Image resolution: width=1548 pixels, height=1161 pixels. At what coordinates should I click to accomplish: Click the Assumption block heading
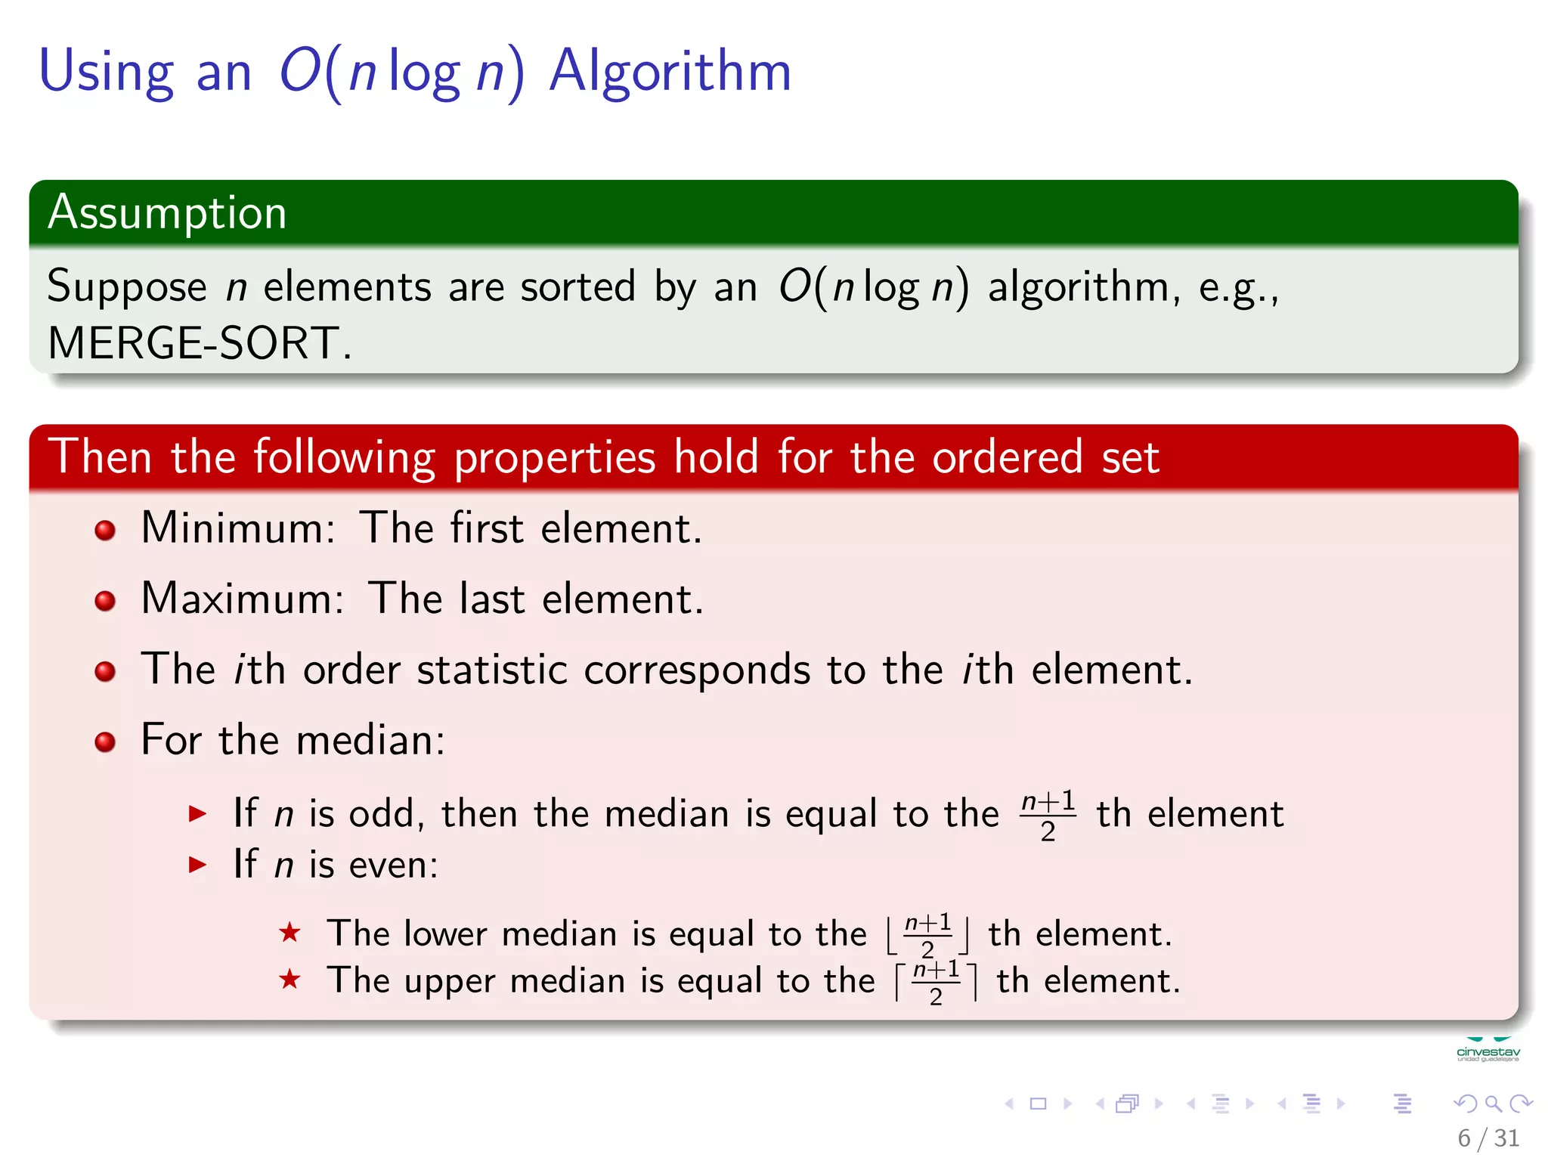[x=167, y=212]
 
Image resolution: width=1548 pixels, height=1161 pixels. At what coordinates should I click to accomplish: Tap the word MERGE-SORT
[x=193, y=343]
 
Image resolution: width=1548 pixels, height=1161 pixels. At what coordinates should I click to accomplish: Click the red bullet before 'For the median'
[x=105, y=741]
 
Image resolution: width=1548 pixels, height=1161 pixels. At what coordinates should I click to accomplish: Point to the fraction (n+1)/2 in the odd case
[x=1048, y=815]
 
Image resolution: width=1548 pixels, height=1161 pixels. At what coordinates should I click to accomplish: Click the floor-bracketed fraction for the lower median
[x=928, y=935]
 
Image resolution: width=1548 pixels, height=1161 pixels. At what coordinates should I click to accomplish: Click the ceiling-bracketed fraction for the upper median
[x=936, y=982]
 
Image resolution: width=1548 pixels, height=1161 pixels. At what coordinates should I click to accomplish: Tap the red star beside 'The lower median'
[x=289, y=933]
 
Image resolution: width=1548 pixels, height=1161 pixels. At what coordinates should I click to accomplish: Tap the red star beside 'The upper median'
[x=289, y=980]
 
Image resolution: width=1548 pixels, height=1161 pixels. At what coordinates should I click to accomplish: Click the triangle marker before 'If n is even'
[x=197, y=864]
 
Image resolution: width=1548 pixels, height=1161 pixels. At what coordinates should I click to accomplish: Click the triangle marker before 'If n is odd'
[x=197, y=814]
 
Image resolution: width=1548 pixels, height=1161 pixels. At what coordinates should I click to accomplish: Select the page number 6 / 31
[x=1488, y=1138]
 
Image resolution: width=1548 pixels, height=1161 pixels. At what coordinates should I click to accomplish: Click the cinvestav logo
[x=1488, y=1051]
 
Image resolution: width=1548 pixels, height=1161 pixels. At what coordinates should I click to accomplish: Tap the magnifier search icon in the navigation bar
[x=1493, y=1104]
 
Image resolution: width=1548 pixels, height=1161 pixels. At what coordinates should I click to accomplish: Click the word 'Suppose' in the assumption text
[x=127, y=287]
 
